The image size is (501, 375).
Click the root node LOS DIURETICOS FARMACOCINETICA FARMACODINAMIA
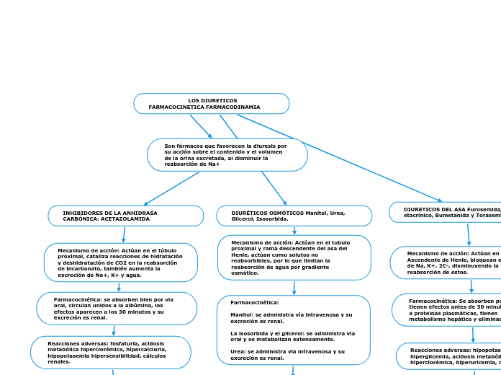point(211,104)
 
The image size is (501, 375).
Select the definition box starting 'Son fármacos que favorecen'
point(227,155)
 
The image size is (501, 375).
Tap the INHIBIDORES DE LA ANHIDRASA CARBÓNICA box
point(125,216)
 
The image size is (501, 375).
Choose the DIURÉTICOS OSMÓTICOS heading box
point(294,216)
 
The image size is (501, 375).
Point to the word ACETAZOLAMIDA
point(127,219)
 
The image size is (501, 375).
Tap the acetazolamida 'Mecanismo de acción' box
point(120,262)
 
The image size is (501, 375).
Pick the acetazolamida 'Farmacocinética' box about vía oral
point(117,308)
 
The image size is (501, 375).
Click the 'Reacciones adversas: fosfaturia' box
point(110,352)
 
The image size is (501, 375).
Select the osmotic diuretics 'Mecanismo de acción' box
point(294,257)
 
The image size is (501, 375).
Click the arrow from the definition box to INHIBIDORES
point(171,188)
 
